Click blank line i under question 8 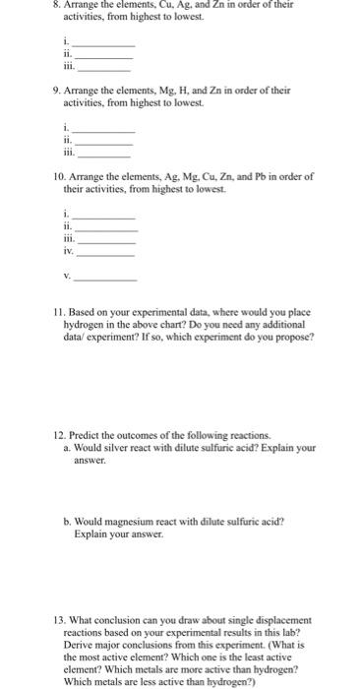[103, 46]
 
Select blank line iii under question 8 [103, 70]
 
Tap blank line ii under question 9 [103, 143]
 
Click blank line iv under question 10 [105, 253]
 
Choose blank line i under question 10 [105, 217]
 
